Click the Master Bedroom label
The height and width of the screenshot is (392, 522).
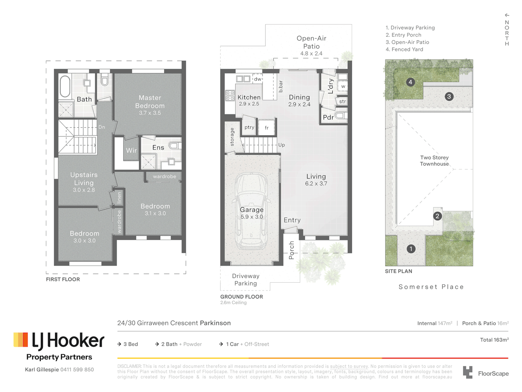[150, 102]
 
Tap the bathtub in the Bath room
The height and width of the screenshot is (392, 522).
[65, 86]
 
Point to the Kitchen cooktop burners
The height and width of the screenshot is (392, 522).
[230, 95]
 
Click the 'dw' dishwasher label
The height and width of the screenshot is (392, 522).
[257, 79]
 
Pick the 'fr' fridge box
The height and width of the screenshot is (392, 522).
[266, 128]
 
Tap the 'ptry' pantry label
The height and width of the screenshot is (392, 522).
[249, 127]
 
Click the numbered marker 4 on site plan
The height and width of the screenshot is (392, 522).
[410, 82]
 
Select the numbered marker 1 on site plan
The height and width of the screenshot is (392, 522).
[411, 249]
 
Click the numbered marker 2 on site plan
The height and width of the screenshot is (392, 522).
[437, 216]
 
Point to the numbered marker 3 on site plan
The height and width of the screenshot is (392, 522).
[449, 97]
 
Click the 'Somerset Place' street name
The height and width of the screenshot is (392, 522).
[431, 287]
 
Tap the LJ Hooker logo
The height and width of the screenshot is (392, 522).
[59, 341]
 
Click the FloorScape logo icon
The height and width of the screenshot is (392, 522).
[468, 372]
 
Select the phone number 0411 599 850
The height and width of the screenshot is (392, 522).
[77, 369]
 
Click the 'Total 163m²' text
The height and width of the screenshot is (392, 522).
[494, 340]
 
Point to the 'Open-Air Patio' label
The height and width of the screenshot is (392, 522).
[311, 42]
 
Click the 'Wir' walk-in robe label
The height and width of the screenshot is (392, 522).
[131, 150]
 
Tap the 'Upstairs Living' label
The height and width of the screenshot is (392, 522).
[84, 179]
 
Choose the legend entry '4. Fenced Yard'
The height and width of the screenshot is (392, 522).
[404, 49]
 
